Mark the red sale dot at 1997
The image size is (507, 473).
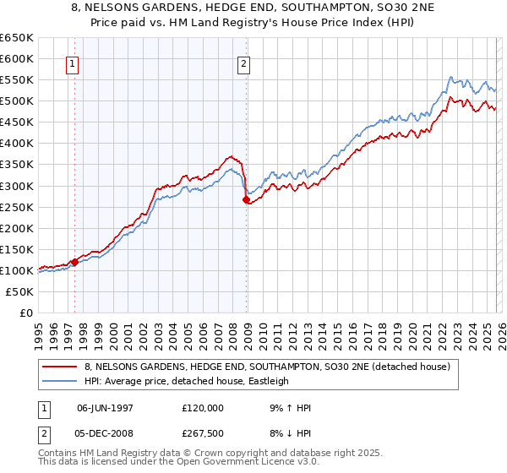point(74,262)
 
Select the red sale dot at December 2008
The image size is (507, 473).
point(247,200)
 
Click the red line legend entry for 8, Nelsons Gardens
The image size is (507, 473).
point(270,367)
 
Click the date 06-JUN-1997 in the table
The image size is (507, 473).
point(106,408)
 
